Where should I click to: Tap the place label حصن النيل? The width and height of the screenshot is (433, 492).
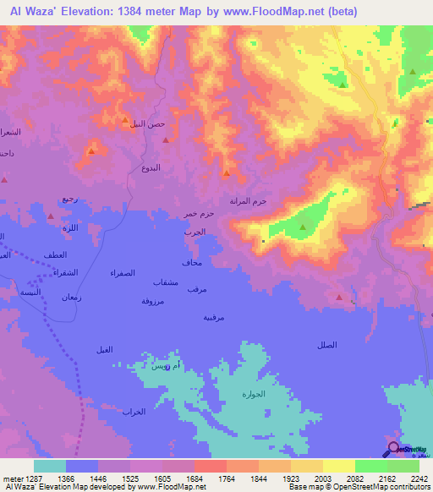pos(147,124)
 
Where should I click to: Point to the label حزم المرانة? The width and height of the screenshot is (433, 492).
pos(249,201)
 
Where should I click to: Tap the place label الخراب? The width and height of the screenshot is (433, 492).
pos(134,412)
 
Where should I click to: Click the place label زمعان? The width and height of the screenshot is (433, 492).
pos(72,297)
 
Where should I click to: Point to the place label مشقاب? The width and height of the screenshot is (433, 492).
pos(165,281)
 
